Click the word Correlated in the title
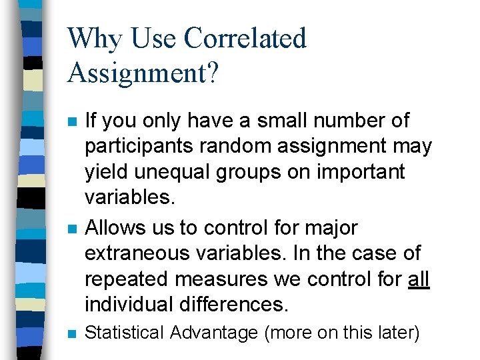(x=245, y=39)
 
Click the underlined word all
(x=419, y=279)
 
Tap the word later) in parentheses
(x=398, y=333)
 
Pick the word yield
(x=103, y=171)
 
